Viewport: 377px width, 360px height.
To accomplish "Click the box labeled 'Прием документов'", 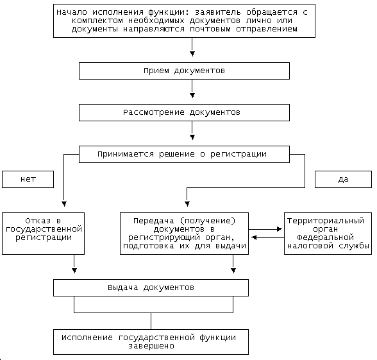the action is (x=184, y=71).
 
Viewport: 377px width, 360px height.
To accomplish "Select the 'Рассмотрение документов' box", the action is (x=184, y=113).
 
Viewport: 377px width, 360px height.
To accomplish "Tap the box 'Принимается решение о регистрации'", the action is (x=184, y=154).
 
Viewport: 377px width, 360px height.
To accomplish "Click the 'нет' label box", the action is (x=28, y=179).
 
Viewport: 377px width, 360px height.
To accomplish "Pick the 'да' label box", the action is (x=343, y=179).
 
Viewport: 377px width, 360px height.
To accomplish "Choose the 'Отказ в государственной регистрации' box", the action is (x=44, y=234).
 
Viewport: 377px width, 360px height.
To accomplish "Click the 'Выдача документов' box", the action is (x=151, y=287).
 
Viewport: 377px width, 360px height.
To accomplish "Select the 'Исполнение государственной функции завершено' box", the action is (x=151, y=342).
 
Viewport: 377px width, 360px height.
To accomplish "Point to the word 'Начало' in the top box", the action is (x=72, y=12).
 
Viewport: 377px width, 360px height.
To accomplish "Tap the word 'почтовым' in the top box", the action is (x=210, y=29).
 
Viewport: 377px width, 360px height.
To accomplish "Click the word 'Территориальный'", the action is (x=326, y=221).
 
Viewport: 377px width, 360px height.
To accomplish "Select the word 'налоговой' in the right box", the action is (x=310, y=246).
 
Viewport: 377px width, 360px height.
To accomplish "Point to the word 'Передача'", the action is (x=154, y=221).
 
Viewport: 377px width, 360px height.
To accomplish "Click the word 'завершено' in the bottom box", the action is (x=151, y=347).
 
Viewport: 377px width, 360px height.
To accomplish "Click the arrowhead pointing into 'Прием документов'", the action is (x=192, y=54).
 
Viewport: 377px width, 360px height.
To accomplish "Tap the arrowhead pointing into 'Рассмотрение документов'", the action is (x=192, y=96).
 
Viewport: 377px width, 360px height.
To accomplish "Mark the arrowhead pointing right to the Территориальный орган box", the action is (x=280, y=229).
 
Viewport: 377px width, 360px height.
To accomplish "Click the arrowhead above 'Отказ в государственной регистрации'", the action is (x=64, y=204).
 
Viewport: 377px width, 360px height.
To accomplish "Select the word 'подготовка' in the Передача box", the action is (x=148, y=246).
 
